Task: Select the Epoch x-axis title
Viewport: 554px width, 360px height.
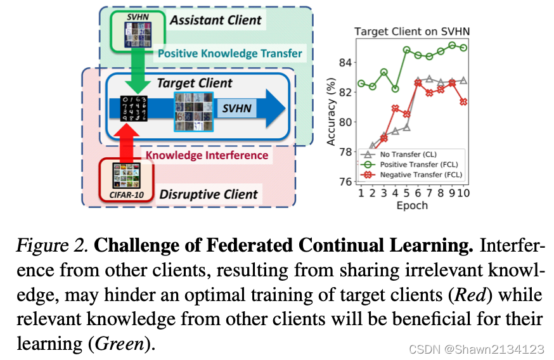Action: pyautogui.click(x=413, y=205)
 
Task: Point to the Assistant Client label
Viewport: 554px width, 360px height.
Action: pyautogui.click(x=215, y=20)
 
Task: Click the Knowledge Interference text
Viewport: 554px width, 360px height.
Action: pyautogui.click(x=207, y=155)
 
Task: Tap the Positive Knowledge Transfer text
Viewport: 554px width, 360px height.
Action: pyautogui.click(x=229, y=53)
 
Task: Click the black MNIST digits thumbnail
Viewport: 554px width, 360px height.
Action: pyautogui.click(x=135, y=108)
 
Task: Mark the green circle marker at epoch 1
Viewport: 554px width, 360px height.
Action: pyautogui.click(x=361, y=83)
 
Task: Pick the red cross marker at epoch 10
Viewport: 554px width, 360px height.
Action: pyautogui.click(x=464, y=101)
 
